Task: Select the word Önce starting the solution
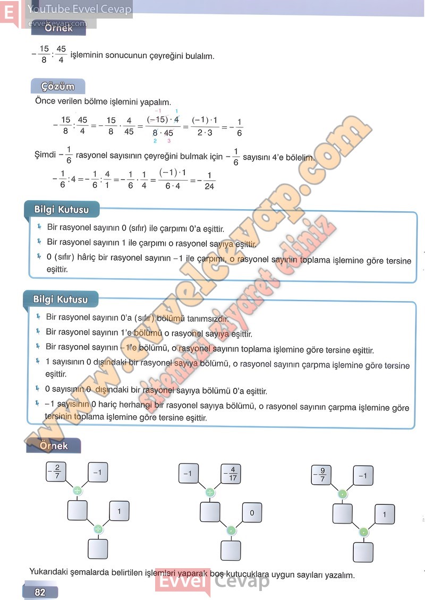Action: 46,101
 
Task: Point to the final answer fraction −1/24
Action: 208,181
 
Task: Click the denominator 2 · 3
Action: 202,133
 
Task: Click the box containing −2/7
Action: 57,472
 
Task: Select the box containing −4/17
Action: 232,473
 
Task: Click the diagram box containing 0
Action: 252,513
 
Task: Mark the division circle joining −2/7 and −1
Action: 78,491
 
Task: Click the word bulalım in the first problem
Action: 199,55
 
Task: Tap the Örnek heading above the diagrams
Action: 53,446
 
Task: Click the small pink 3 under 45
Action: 169,141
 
